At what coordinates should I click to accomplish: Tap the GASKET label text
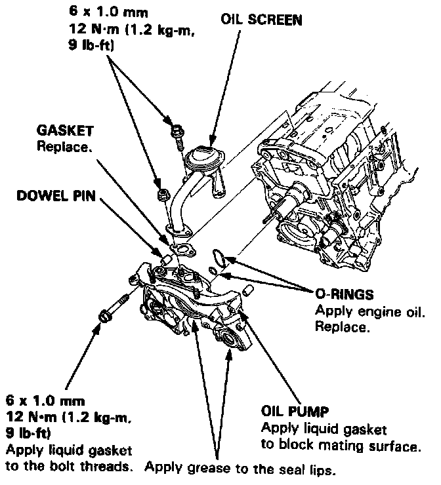point(64,130)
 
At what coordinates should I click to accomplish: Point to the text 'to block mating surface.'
point(341,447)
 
